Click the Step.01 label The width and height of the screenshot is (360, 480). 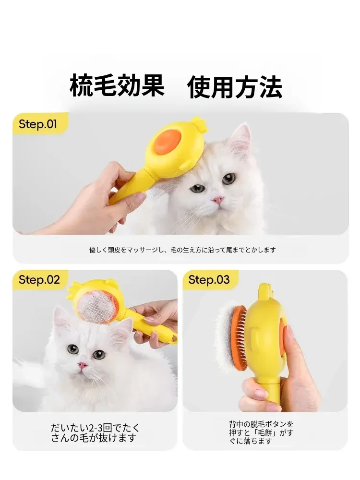pyautogui.click(x=37, y=124)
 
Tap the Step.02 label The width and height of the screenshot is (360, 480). pyautogui.click(x=39, y=279)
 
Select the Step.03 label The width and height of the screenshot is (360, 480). pyautogui.click(x=209, y=279)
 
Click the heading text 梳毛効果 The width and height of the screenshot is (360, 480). pyautogui.click(x=117, y=86)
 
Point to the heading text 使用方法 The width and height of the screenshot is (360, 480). pyautogui.click(x=235, y=87)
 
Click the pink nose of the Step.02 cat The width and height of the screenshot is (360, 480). pyautogui.click(x=83, y=365)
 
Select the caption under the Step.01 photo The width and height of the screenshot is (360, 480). pyautogui.click(x=182, y=250)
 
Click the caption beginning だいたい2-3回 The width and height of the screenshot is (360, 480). pyautogui.click(x=95, y=433)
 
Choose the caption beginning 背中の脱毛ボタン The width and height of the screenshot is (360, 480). pyautogui.click(x=261, y=432)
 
